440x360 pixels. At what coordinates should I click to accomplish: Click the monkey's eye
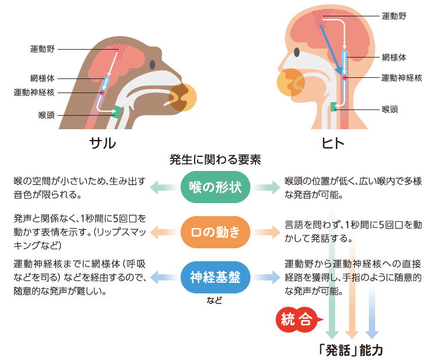pos(152,65)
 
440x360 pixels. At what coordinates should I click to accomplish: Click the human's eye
pos(297,52)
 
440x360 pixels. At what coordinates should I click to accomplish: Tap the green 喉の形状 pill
pos(215,187)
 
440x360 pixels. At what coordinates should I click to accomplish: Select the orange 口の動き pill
pos(215,232)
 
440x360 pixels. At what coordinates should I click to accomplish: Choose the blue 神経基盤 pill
pos(215,277)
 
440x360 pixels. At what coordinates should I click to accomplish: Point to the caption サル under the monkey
pos(103,143)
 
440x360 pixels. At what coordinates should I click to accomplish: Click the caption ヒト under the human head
pos(333,143)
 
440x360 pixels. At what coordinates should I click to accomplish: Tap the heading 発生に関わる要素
pos(215,160)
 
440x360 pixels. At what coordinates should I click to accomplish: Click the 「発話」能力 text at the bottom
pos(351,350)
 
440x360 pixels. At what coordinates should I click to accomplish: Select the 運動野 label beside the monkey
pos(42,49)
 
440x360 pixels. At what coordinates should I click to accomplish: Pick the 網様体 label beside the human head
pos(394,58)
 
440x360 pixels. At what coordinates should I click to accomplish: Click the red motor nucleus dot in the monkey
pos(103,93)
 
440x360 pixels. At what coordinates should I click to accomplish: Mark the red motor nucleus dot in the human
pos(344,78)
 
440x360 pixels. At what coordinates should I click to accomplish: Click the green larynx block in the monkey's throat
pos(117,112)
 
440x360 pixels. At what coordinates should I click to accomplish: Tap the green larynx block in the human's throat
pos(334,107)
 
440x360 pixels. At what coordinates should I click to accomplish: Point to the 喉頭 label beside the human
pos(390,109)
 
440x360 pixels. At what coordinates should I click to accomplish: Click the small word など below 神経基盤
pos(215,300)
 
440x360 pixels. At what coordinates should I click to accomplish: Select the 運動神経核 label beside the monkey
pos(34,93)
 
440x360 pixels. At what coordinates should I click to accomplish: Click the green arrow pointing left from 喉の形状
pos(165,187)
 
